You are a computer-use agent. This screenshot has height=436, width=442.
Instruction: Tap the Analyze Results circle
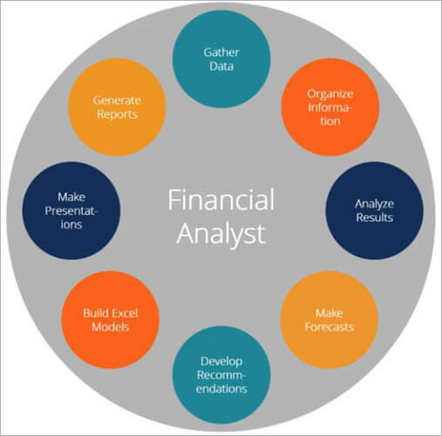[374, 210]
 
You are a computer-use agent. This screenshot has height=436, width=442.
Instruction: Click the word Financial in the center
[221, 200]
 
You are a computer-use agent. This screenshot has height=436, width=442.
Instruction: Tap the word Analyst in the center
[221, 235]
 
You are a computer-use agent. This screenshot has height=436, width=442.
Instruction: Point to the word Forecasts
[330, 327]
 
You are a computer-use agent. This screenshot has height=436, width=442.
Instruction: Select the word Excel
[129, 311]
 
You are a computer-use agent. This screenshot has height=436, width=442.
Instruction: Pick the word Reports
[118, 113]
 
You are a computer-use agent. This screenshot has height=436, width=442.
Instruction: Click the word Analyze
[374, 203]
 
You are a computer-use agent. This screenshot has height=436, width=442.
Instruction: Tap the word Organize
[328, 93]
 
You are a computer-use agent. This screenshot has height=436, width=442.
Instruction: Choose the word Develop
[221, 359]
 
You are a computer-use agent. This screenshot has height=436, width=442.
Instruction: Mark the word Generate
[118, 99]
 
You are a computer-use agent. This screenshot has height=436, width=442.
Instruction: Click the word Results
[374, 217]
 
